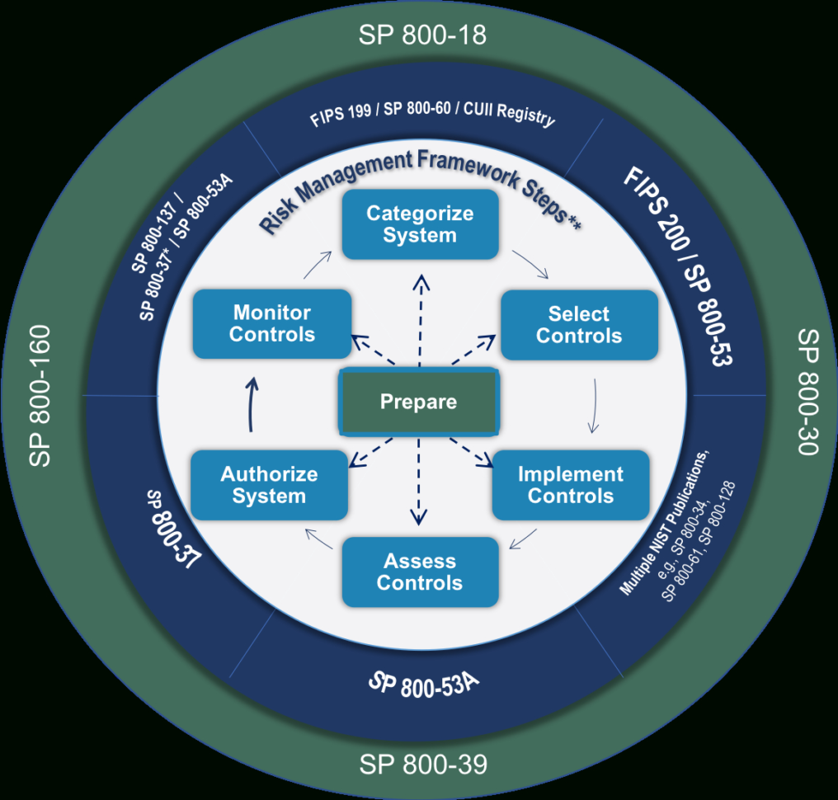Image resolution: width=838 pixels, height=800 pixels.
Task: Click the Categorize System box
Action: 420,224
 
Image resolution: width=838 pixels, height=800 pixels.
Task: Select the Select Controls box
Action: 579,325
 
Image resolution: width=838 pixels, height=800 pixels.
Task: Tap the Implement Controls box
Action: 571,485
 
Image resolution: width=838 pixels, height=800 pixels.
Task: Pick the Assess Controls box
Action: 420,572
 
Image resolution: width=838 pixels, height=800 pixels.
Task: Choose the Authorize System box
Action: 269,485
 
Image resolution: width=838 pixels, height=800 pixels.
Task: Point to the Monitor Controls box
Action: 272,323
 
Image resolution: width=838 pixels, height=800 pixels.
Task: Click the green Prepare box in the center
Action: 419,402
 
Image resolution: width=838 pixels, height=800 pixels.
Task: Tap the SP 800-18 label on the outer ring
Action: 422,35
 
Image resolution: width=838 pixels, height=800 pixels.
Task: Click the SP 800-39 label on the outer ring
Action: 422,765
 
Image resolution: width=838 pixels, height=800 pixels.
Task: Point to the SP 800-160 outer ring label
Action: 40,396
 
